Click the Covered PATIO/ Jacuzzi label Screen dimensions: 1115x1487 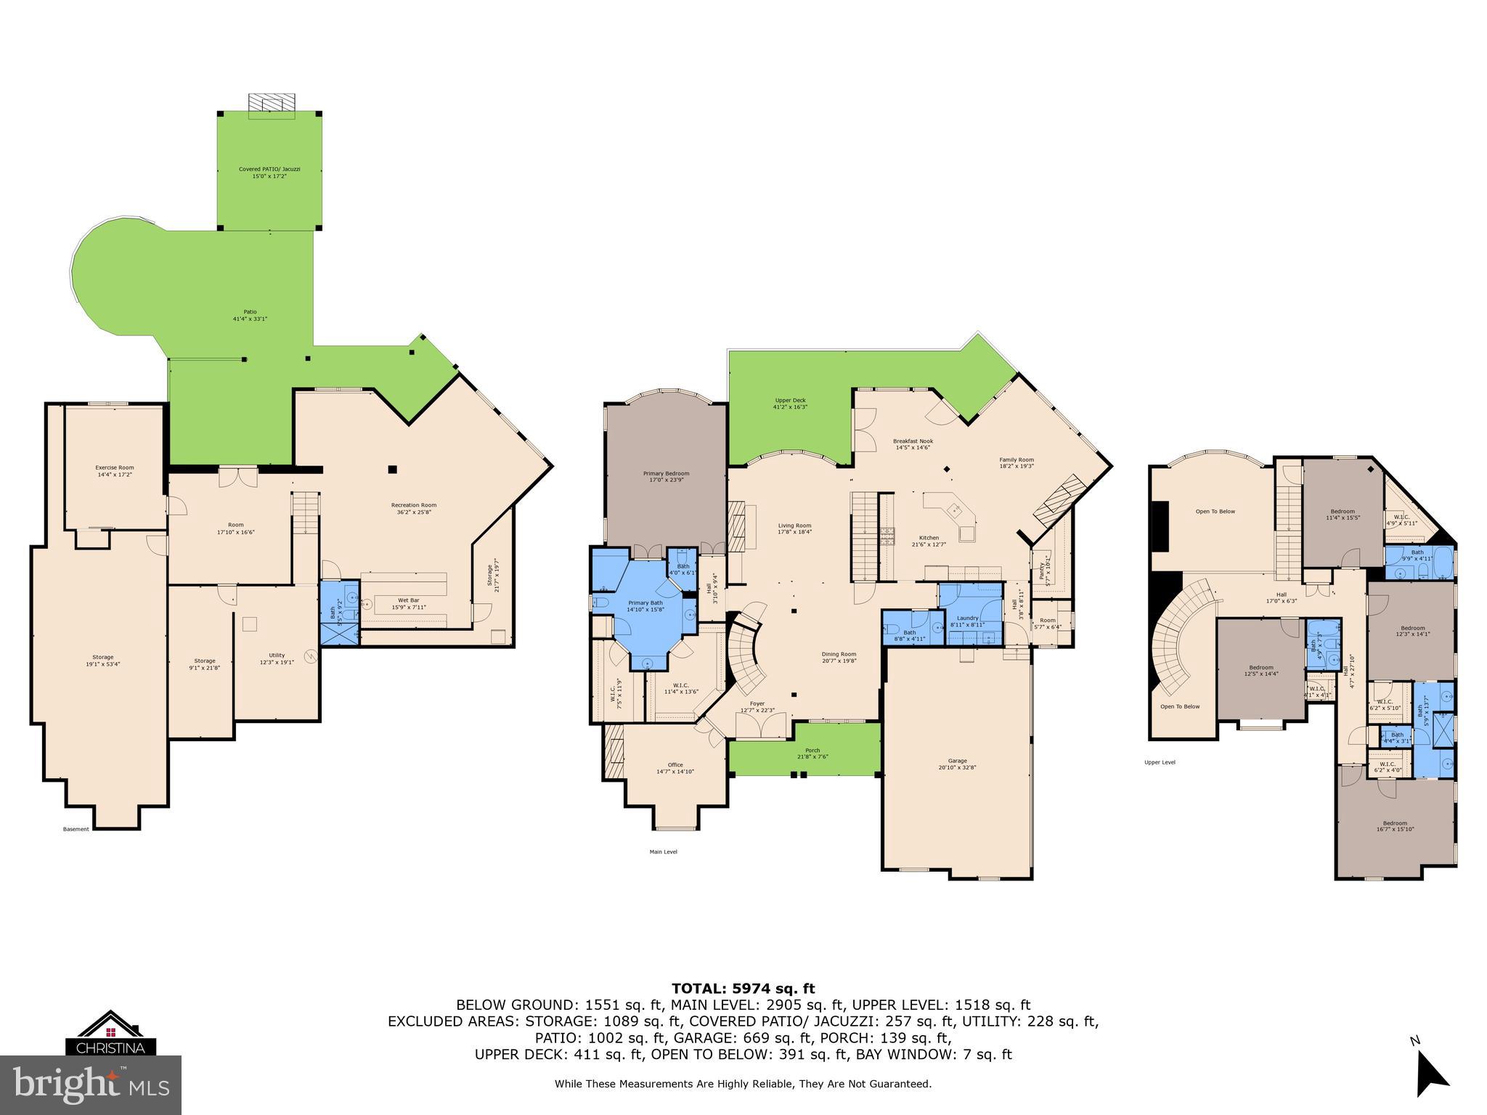coord(269,172)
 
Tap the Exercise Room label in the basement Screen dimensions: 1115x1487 coord(115,470)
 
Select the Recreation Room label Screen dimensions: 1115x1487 coord(414,508)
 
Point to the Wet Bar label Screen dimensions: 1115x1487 coord(408,604)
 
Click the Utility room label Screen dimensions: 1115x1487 coord(277,658)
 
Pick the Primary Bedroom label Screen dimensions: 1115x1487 coord(666,476)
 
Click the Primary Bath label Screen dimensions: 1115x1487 coord(645,606)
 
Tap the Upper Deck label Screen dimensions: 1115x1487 coord(790,404)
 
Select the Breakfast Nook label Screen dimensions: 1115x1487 coord(913,444)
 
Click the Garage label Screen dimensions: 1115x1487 coord(957,764)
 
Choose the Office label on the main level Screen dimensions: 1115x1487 coord(675,768)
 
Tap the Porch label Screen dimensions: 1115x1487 coord(812,753)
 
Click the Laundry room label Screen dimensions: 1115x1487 coord(967,621)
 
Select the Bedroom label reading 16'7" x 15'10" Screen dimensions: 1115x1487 coord(1395,826)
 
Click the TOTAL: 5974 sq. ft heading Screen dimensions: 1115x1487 coord(743,989)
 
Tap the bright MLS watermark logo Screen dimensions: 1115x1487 coord(91,1085)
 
